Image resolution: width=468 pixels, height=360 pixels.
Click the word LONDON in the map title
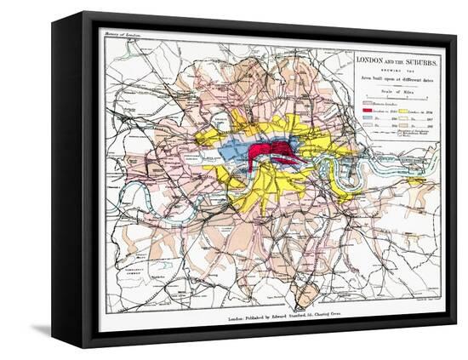tap(370, 60)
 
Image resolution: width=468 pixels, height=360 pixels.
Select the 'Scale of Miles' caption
tap(397, 90)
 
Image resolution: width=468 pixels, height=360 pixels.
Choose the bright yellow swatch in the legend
tap(405, 111)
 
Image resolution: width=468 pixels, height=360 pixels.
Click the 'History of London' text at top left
tap(121, 33)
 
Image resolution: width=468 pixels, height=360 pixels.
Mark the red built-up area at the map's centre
tap(271, 154)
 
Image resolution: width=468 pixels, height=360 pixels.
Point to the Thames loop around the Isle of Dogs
tap(342, 176)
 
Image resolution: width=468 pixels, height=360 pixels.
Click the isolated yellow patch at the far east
tap(416, 180)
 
